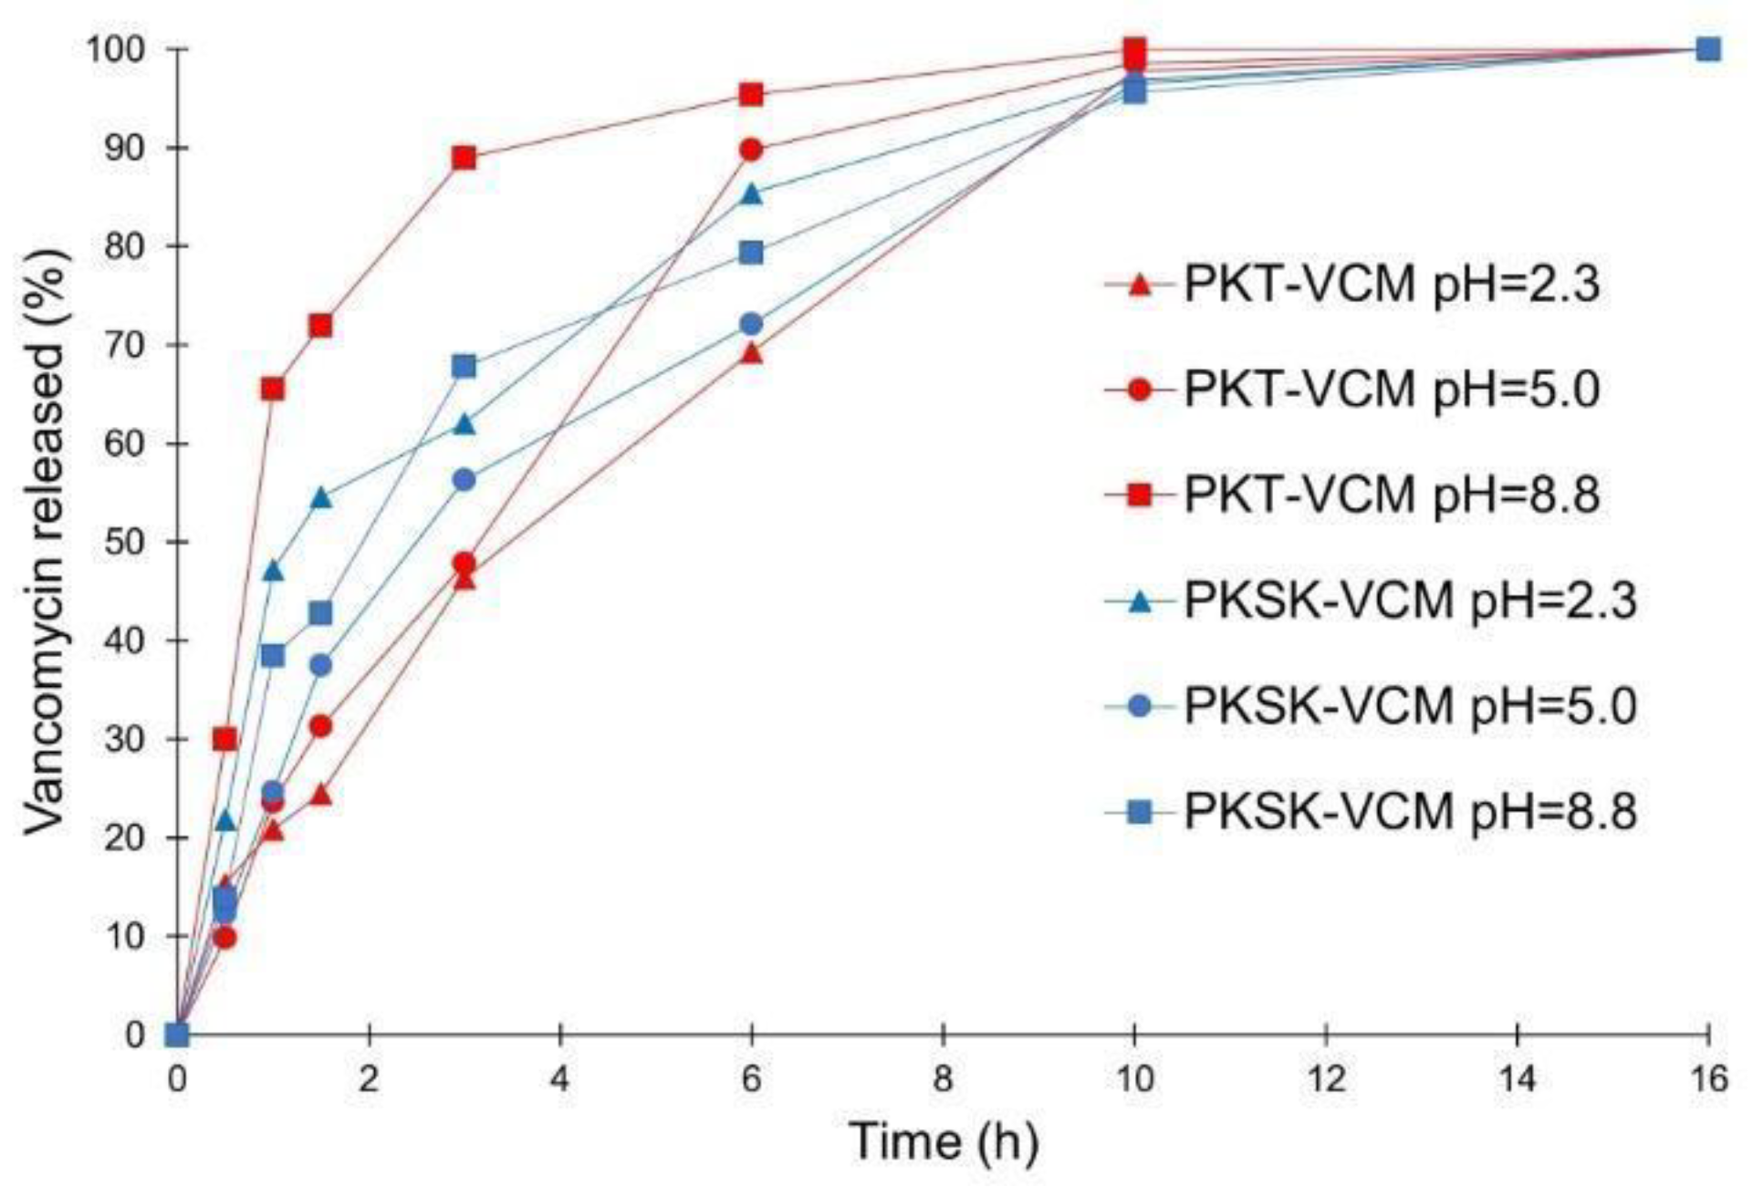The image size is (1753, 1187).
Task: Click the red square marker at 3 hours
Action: tap(464, 158)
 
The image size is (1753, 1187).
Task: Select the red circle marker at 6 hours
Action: tap(751, 150)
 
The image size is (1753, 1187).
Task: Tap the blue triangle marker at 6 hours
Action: tap(751, 193)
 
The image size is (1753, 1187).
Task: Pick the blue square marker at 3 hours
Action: tap(464, 366)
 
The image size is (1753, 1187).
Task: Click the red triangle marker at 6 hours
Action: tap(751, 352)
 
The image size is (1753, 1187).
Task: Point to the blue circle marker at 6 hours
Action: tap(751, 324)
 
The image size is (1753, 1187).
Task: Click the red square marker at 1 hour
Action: tap(273, 390)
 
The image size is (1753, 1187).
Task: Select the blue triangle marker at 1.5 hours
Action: tap(320, 497)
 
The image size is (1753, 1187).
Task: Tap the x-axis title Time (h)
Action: tap(944, 1141)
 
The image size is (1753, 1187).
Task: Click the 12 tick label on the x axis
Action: tap(1326, 1079)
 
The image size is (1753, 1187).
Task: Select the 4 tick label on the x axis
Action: tap(559, 1079)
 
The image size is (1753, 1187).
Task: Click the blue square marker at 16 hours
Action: tap(1707, 49)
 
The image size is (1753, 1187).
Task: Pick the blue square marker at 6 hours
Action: tap(751, 252)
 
